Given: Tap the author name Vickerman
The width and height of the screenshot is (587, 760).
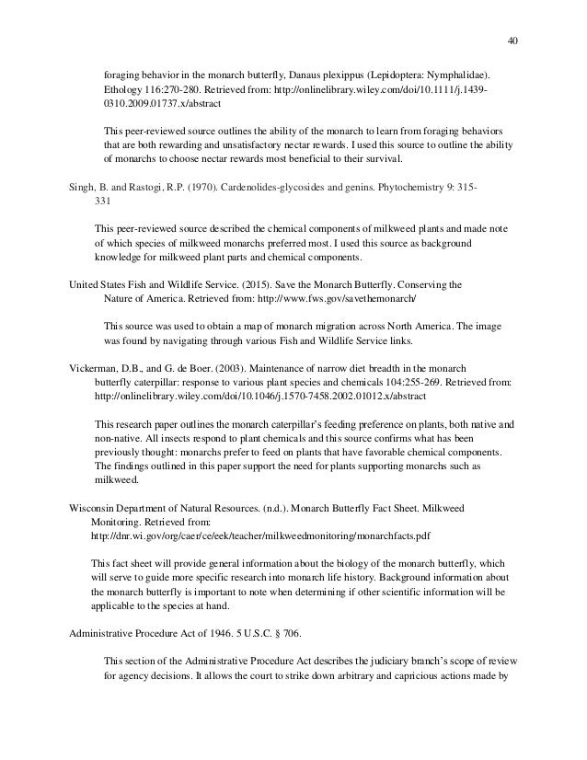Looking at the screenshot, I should click(98, 366).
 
